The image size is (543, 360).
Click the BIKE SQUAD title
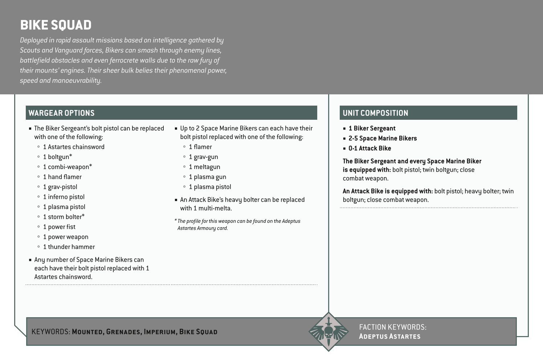tap(56, 25)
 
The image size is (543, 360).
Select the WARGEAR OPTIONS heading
tap(61, 113)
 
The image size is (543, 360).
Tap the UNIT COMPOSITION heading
tap(375, 113)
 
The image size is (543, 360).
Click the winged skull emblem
tap(328, 332)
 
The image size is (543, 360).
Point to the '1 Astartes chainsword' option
tap(74, 147)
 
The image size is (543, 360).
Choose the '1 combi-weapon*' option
tap(68, 167)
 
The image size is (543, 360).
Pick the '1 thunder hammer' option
tap(69, 247)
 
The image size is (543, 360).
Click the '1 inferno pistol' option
tap(64, 197)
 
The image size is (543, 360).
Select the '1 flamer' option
tap(200, 147)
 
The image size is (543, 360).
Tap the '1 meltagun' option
tap(204, 167)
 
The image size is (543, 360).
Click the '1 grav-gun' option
tap(203, 157)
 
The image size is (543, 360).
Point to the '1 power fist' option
tap(59, 227)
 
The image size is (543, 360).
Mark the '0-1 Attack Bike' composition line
tap(370, 148)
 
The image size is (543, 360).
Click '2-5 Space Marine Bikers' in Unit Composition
tap(383, 138)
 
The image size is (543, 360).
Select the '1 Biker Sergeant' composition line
tap(372, 128)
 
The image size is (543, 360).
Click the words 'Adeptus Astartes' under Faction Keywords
tap(389, 336)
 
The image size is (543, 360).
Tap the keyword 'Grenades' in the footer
tap(123, 332)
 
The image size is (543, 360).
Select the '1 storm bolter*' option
tap(64, 217)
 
